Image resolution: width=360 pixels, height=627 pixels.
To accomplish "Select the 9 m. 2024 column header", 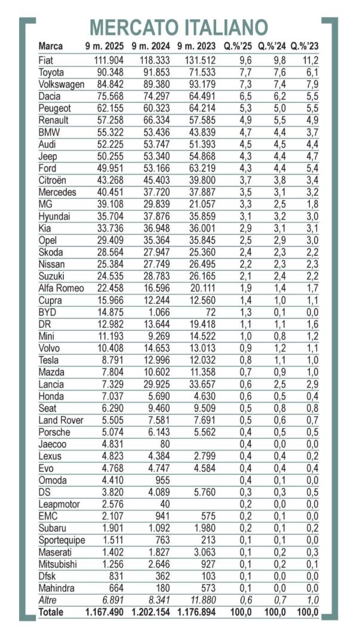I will pos(151,46).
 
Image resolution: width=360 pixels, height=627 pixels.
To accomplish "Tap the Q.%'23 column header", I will pos(305,46).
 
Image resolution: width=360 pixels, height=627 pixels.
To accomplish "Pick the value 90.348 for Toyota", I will pos(109,72).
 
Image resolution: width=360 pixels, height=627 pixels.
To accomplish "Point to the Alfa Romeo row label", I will pos(61,288).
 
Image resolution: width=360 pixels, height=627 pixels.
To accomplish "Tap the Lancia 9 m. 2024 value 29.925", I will pos(155,384).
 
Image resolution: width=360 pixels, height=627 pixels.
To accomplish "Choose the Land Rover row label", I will pos(61,420).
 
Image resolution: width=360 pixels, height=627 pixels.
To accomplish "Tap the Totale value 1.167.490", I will pos(105,612).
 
